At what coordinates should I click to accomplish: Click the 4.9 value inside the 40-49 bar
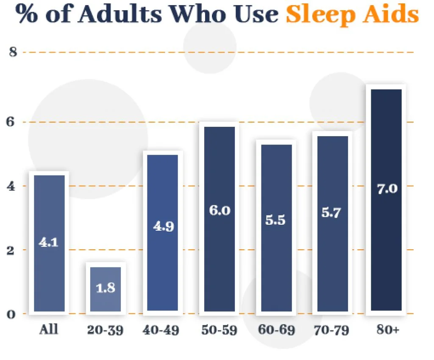[x=163, y=226]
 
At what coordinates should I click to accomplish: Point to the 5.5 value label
[x=275, y=220]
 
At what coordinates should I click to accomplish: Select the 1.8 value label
[x=106, y=288]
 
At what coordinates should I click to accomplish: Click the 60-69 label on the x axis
[x=276, y=330]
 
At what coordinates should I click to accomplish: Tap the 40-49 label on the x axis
[x=162, y=330]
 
